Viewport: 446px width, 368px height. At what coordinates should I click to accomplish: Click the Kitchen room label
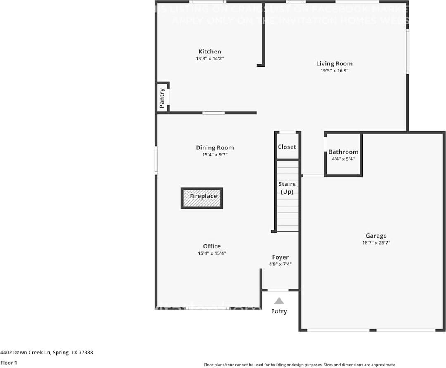(x=210, y=51)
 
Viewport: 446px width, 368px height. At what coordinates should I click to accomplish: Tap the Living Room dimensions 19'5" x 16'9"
(x=334, y=71)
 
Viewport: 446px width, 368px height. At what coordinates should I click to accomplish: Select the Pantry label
(x=162, y=98)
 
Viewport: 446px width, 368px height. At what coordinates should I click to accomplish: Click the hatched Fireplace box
(x=202, y=198)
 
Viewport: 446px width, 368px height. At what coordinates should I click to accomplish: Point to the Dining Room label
(x=215, y=147)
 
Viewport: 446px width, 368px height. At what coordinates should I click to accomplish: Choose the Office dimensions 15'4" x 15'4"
(x=212, y=253)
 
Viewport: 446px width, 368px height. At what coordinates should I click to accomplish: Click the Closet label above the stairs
(x=287, y=147)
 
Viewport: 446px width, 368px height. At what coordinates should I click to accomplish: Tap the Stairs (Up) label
(x=287, y=188)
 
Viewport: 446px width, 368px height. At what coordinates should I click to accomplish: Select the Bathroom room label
(x=343, y=152)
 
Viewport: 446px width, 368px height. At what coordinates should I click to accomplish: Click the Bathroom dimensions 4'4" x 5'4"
(x=343, y=159)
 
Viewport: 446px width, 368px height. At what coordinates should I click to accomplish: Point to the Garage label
(x=376, y=236)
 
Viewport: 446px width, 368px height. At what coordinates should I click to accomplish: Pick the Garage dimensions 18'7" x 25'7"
(x=376, y=243)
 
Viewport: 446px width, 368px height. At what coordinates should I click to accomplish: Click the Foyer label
(x=280, y=257)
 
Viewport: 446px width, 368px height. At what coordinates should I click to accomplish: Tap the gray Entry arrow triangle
(x=279, y=301)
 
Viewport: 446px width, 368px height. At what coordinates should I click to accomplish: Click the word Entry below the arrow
(x=279, y=311)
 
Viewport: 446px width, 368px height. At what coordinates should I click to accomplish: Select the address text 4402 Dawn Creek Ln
(x=26, y=353)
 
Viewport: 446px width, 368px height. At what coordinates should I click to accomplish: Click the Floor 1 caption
(x=9, y=363)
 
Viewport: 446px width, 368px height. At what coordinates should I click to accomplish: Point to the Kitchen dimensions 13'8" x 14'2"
(x=210, y=59)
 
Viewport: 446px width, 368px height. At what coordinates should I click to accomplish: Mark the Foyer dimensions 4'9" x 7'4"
(x=280, y=264)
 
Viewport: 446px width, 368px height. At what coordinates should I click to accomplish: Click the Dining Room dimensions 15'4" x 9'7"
(x=215, y=155)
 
